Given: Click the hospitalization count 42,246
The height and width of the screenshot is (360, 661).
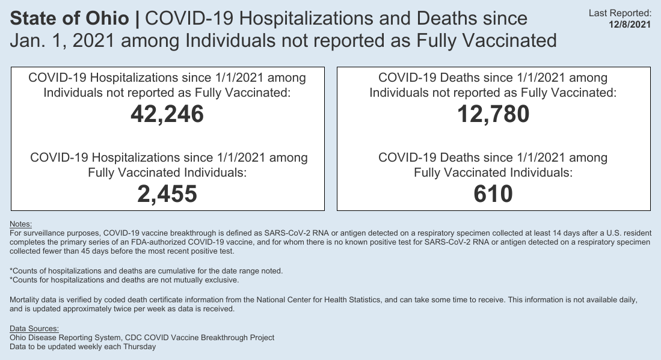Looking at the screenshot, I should click(x=167, y=114).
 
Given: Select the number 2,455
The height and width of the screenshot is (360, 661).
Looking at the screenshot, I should click(x=167, y=194).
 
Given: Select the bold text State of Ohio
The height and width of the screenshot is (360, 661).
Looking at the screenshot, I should click(x=70, y=19).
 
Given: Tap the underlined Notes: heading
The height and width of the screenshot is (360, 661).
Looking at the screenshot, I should click(x=21, y=224).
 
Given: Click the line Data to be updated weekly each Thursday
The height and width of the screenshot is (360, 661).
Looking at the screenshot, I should click(x=83, y=346).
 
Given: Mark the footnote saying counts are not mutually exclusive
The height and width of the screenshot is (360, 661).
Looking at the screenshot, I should click(x=125, y=280).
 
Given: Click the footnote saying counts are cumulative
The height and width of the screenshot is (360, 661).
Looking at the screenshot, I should click(x=146, y=271).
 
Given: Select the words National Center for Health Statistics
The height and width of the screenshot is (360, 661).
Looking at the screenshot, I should click(x=316, y=299).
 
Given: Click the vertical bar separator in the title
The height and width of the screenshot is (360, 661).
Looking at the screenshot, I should click(x=137, y=19).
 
